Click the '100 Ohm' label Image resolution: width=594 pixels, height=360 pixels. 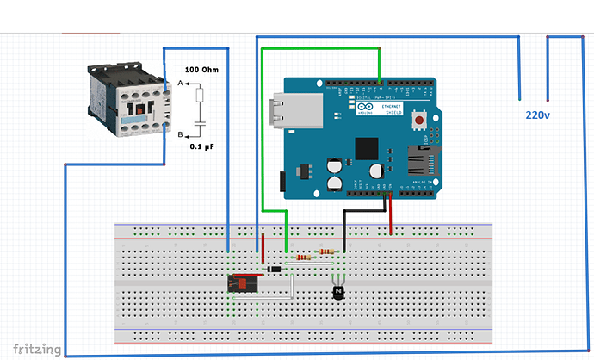click(x=205, y=70)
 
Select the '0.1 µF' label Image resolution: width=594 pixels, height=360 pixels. click(x=204, y=147)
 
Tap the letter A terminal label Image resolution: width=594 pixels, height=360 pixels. click(x=180, y=83)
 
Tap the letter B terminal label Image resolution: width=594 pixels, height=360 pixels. click(x=180, y=134)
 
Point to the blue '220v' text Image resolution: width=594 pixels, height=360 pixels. click(x=539, y=114)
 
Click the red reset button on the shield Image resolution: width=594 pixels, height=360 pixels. click(x=421, y=118)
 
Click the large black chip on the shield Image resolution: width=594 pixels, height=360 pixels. click(x=367, y=148)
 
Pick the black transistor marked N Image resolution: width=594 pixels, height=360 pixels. click(x=339, y=292)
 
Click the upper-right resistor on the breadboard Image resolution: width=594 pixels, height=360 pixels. click(x=327, y=252)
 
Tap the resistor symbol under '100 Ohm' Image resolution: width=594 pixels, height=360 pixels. click(x=200, y=95)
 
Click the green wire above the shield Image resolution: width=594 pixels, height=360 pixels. click(x=320, y=48)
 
